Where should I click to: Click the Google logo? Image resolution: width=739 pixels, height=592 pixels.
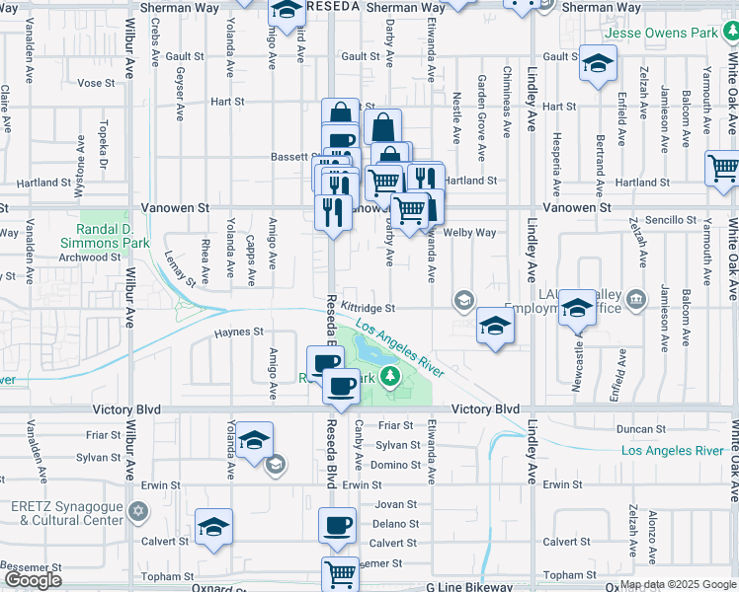[x=33, y=580]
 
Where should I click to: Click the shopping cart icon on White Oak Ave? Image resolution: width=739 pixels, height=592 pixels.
[x=723, y=168]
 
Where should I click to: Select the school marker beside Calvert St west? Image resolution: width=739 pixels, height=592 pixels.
[x=212, y=527]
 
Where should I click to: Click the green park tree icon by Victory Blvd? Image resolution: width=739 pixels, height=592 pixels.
[x=390, y=375]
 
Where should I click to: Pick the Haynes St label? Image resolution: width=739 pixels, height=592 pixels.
[x=239, y=333]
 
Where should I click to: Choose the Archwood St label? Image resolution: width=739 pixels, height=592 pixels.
[x=89, y=257]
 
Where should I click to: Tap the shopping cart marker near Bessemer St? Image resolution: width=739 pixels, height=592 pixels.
[x=340, y=573]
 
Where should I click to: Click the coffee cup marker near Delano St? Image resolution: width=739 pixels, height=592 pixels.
[x=337, y=524]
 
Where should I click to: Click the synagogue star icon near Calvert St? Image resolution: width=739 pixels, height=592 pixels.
[x=138, y=513]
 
